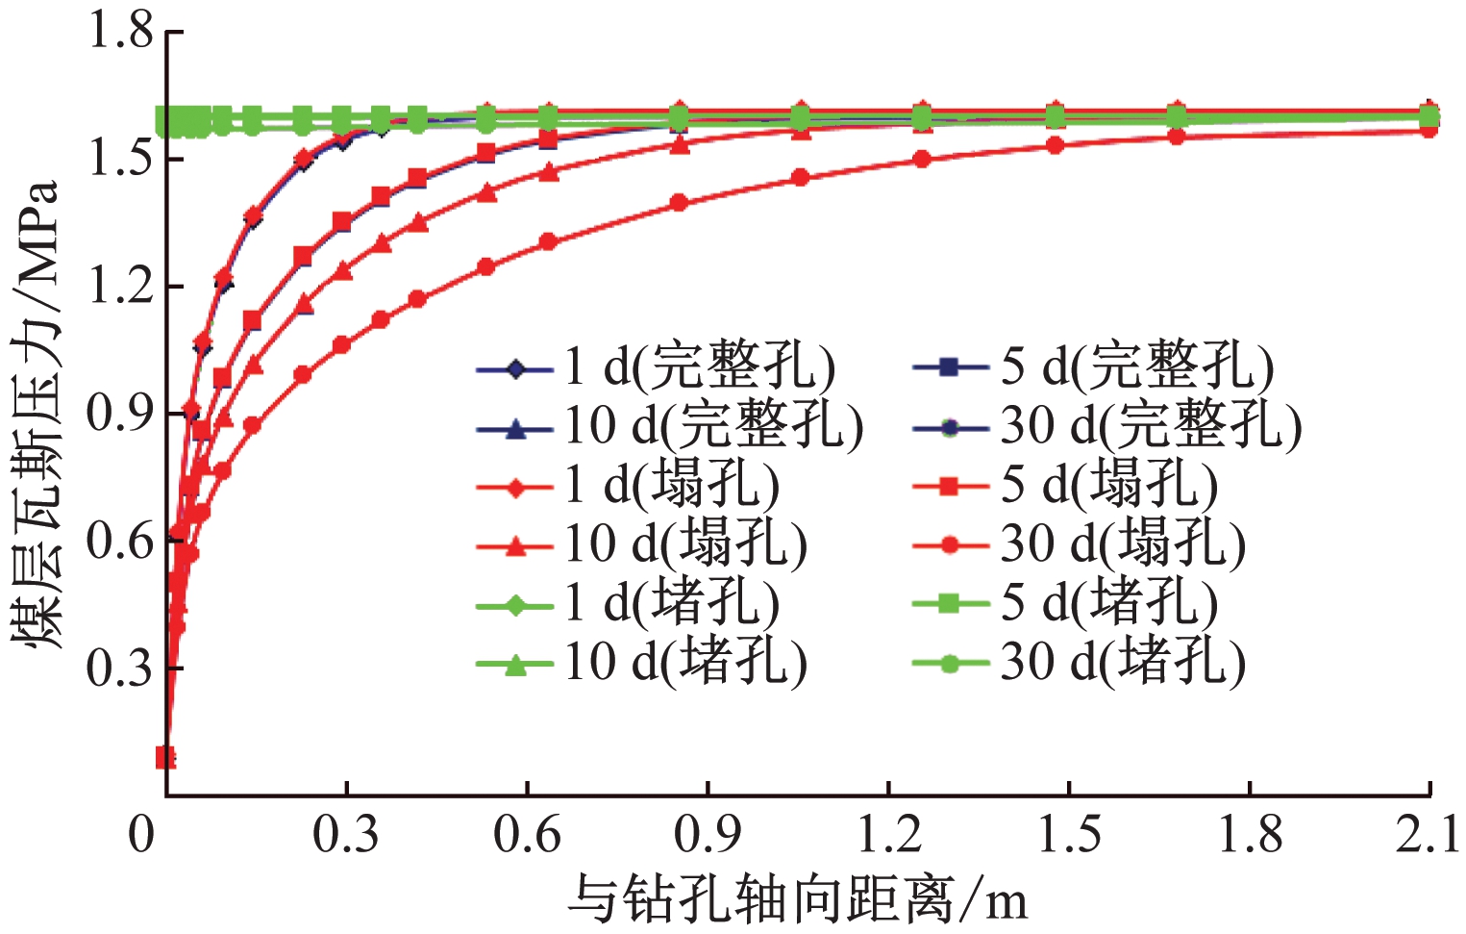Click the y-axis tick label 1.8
120,32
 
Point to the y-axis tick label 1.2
120,286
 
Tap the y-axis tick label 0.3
120,668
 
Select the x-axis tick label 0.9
708,834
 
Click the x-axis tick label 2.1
1429,834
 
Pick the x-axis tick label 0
141,834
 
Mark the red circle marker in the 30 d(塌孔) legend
950,545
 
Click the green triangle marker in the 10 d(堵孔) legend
515,663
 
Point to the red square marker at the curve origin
165,757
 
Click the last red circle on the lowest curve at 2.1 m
1429,129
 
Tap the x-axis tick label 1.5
1069,834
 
